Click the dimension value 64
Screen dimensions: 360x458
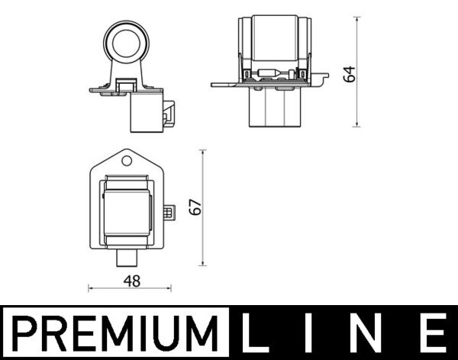point(350,74)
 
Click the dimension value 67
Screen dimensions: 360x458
point(196,207)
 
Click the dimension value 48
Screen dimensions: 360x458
point(131,281)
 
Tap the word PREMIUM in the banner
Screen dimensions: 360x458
point(114,333)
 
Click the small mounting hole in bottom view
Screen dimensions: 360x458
point(127,162)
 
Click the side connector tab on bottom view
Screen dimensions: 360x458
point(170,211)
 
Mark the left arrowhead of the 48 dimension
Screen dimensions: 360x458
point(91,288)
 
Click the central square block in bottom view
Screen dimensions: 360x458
point(127,211)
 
